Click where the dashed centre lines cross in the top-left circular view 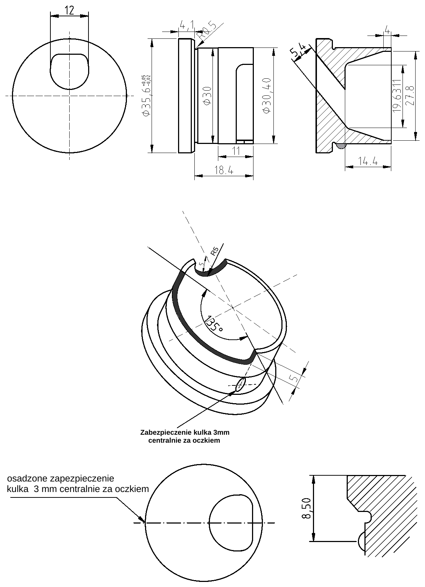[69, 95]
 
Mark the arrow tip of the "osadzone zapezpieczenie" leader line [145, 522]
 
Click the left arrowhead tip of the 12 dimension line [50, 16]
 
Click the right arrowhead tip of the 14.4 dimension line [391, 167]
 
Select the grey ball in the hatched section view [341, 146]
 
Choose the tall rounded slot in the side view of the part [245, 103]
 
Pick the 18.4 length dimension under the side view [224, 171]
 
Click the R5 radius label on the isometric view [215, 251]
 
